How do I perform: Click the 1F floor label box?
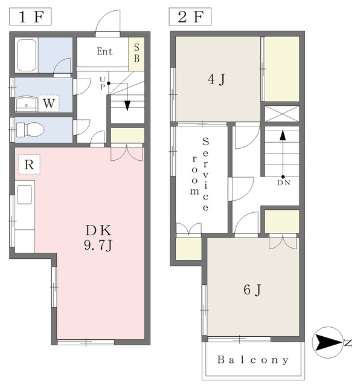tap(30, 16)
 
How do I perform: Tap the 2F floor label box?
tap(190, 16)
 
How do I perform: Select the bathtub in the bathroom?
tap(26, 55)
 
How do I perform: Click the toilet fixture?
tap(30, 129)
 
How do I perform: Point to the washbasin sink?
tap(27, 104)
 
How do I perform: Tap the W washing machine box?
tap(49, 103)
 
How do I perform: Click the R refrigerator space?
tap(30, 164)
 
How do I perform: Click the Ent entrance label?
tap(104, 51)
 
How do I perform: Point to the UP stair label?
tap(103, 83)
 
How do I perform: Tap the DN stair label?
tap(283, 183)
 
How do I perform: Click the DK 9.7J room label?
tap(98, 238)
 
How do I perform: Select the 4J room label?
tap(216, 79)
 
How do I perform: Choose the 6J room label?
tap(252, 290)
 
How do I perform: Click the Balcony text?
tap(253, 360)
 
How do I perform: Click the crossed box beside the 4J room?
tap(282, 114)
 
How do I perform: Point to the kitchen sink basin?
tap(25, 195)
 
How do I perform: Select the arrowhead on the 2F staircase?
tap(283, 135)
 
